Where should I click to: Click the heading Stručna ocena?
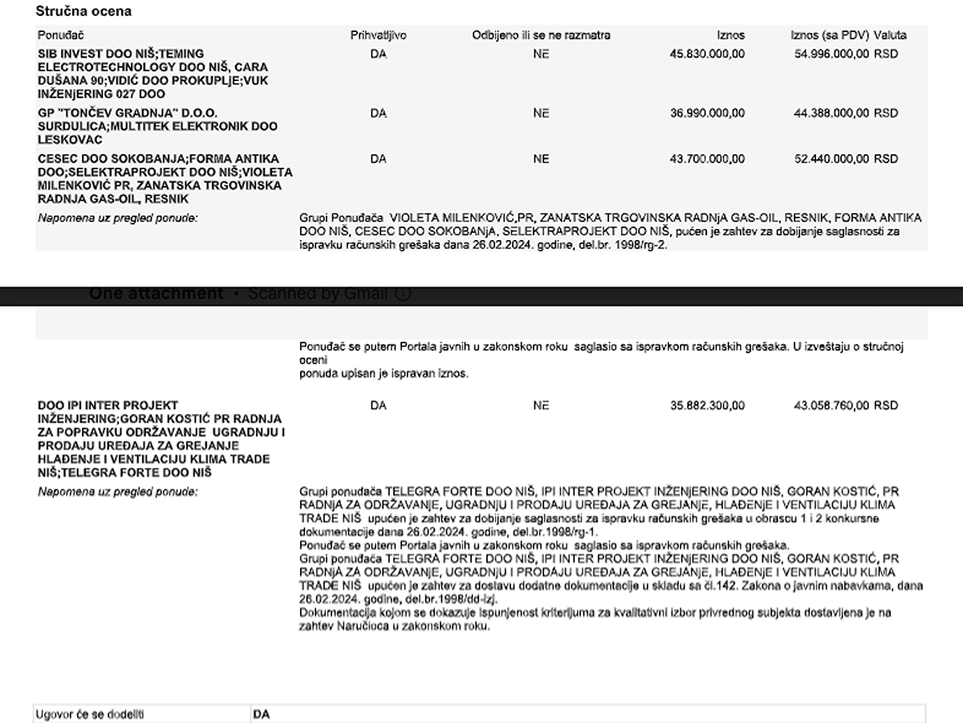[83, 11]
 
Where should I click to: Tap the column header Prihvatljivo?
[378, 35]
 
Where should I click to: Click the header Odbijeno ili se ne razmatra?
[541, 35]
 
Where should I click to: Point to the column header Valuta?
[890, 35]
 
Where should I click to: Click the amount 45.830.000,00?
[707, 55]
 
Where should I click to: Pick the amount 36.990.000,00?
[707, 113]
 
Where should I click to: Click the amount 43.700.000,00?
[707, 159]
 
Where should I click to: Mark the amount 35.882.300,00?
[707, 406]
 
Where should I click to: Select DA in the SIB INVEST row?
[379, 55]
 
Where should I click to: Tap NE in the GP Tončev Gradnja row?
[541, 113]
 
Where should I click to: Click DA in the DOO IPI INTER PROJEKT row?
[379, 406]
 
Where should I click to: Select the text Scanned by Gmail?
[318, 294]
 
